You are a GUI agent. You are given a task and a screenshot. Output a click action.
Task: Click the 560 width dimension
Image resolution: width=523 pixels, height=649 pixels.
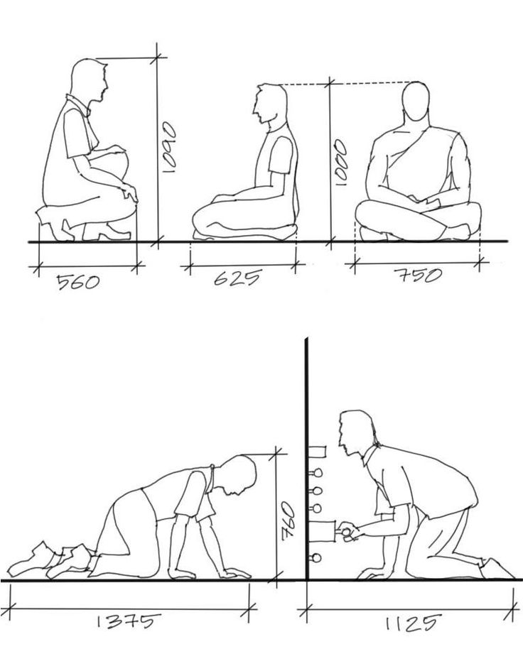point(78,283)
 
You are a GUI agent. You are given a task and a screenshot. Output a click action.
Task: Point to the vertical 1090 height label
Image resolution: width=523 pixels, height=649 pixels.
point(169,146)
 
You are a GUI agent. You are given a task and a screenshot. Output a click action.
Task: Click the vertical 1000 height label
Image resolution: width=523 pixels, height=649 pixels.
point(341,162)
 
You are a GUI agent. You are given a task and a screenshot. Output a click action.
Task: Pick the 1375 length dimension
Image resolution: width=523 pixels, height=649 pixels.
point(128,621)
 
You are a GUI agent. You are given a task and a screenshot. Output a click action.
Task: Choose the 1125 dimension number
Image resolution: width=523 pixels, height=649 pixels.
point(411,623)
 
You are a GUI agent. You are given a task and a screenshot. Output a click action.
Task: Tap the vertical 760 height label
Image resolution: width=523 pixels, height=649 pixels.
point(287,521)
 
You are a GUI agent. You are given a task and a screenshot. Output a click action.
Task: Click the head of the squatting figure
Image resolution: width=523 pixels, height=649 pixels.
point(89,80)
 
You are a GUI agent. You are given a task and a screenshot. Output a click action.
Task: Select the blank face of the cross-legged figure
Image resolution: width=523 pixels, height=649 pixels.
point(416,102)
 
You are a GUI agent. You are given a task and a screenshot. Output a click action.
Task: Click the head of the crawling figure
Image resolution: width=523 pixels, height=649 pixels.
point(239,474)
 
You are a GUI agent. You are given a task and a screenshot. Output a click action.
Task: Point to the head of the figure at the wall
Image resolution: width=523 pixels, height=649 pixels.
point(355,433)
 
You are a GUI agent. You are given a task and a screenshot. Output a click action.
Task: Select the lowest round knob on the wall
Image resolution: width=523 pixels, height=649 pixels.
point(316,558)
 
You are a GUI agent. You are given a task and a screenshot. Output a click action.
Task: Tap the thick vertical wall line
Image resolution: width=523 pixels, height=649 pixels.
point(306,459)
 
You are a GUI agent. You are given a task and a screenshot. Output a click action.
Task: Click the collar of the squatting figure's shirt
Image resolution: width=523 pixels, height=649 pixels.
point(80,104)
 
